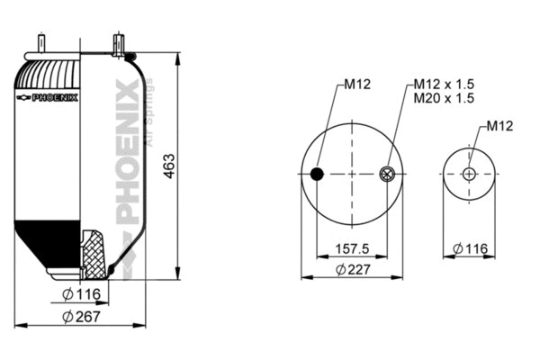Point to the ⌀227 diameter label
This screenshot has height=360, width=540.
[x=351, y=269]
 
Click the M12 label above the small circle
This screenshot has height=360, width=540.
[x=499, y=126]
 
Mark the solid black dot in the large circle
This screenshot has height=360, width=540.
[x=316, y=175]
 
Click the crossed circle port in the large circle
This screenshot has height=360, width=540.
[x=387, y=175]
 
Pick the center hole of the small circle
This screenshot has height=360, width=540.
[x=470, y=175]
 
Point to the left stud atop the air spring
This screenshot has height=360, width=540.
[x=41, y=43]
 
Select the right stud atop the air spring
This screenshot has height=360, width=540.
[x=117, y=43]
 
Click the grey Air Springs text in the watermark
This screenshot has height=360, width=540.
[x=149, y=112]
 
